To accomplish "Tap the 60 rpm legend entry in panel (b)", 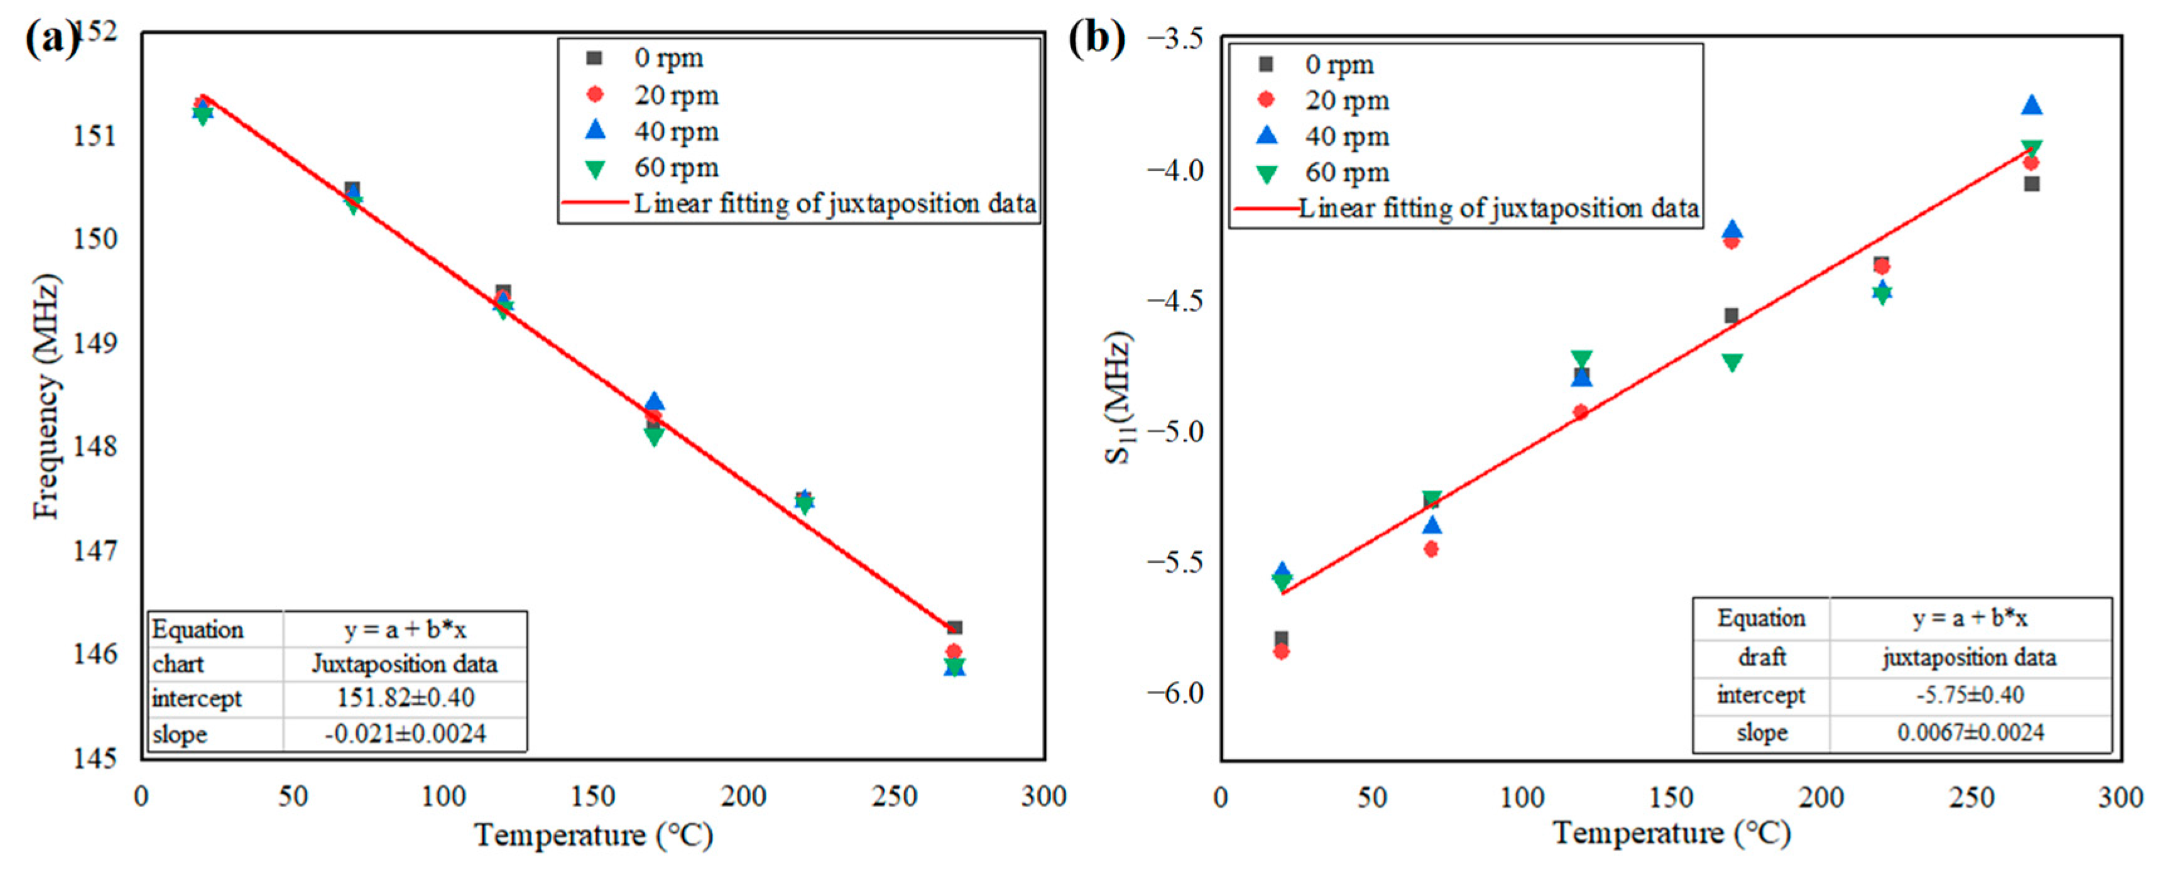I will pos(1324,173).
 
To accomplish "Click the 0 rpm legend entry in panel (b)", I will pos(1317,65).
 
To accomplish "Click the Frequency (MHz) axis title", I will pos(47,396).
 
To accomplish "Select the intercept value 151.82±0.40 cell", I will pos(406,698).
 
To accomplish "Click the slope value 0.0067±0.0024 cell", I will pos(1971,732).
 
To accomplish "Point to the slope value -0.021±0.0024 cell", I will pos(406,733).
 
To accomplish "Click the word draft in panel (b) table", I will pos(1762,656).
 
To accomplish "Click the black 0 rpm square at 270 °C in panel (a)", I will pos(955,628).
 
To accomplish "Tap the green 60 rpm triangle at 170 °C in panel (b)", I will pos(1732,363).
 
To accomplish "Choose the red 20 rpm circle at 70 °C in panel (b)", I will pos(1432,549).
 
